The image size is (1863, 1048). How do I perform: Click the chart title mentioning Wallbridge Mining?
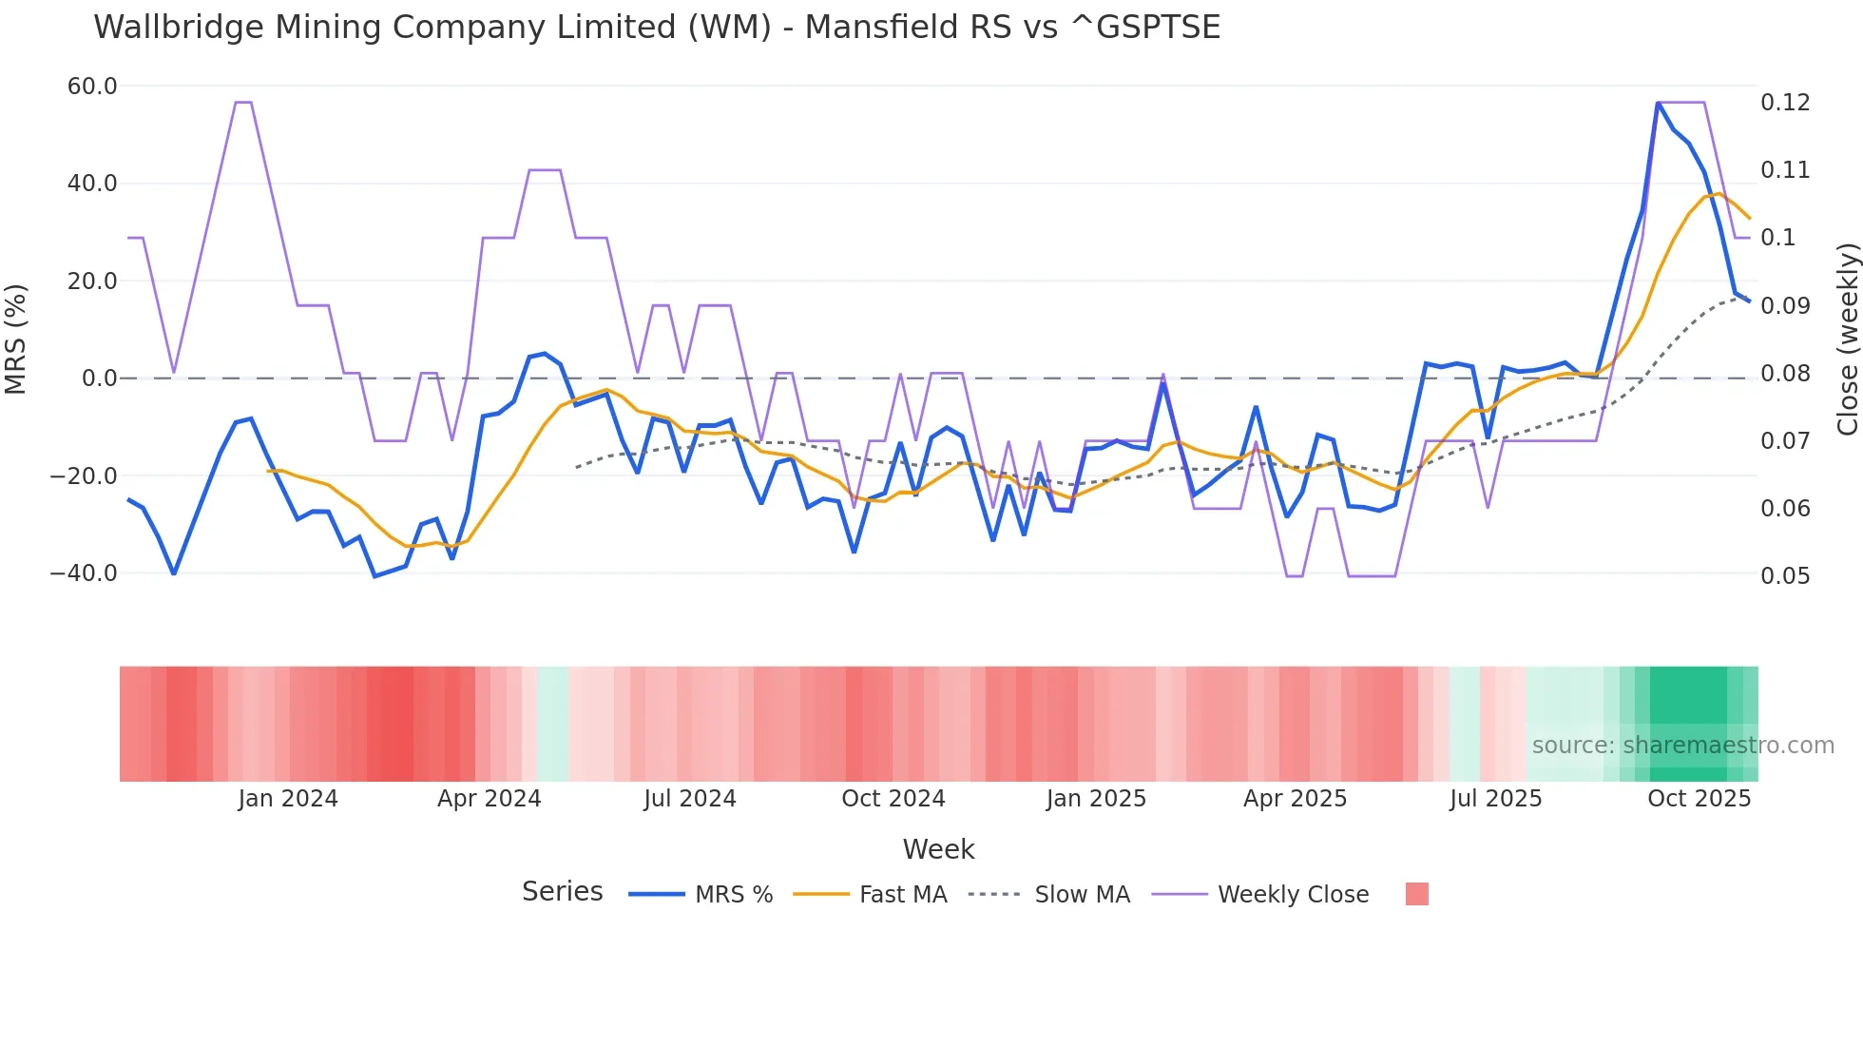pos(656,28)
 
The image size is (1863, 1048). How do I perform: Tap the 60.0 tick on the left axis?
pos(92,87)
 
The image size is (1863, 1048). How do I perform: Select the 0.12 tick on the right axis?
pos(1785,103)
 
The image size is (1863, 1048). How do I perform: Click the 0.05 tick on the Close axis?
pos(1785,576)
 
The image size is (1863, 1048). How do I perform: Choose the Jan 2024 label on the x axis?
pos(287,799)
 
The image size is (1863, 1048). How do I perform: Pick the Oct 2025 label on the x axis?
pos(1699,799)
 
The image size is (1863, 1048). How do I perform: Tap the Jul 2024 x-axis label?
pos(689,799)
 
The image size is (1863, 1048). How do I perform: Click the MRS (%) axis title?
pos(16,339)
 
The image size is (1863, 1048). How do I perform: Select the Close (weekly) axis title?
pos(1847,339)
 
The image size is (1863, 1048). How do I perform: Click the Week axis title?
pos(938,849)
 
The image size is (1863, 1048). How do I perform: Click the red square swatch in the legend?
pos(1416,894)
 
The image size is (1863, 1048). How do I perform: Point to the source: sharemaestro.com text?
pos(1682,746)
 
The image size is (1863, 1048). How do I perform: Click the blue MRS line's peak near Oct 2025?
pos(1658,103)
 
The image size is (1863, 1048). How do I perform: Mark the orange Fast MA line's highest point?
pos(1719,194)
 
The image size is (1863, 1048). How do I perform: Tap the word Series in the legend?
pos(562,892)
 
